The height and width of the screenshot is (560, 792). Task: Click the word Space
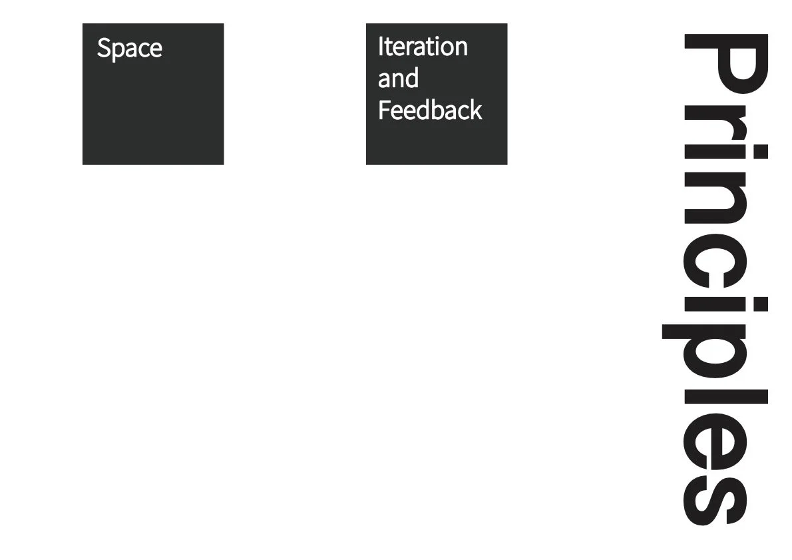click(129, 49)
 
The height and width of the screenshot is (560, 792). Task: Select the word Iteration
click(423, 47)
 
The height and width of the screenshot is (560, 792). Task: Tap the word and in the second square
click(398, 79)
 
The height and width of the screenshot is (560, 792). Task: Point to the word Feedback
click(429, 110)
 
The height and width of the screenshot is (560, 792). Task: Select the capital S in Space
click(104, 49)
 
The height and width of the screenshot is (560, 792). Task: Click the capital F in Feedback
click(383, 110)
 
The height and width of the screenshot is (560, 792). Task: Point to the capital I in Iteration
click(381, 47)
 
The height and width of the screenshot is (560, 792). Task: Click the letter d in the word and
click(412, 79)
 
